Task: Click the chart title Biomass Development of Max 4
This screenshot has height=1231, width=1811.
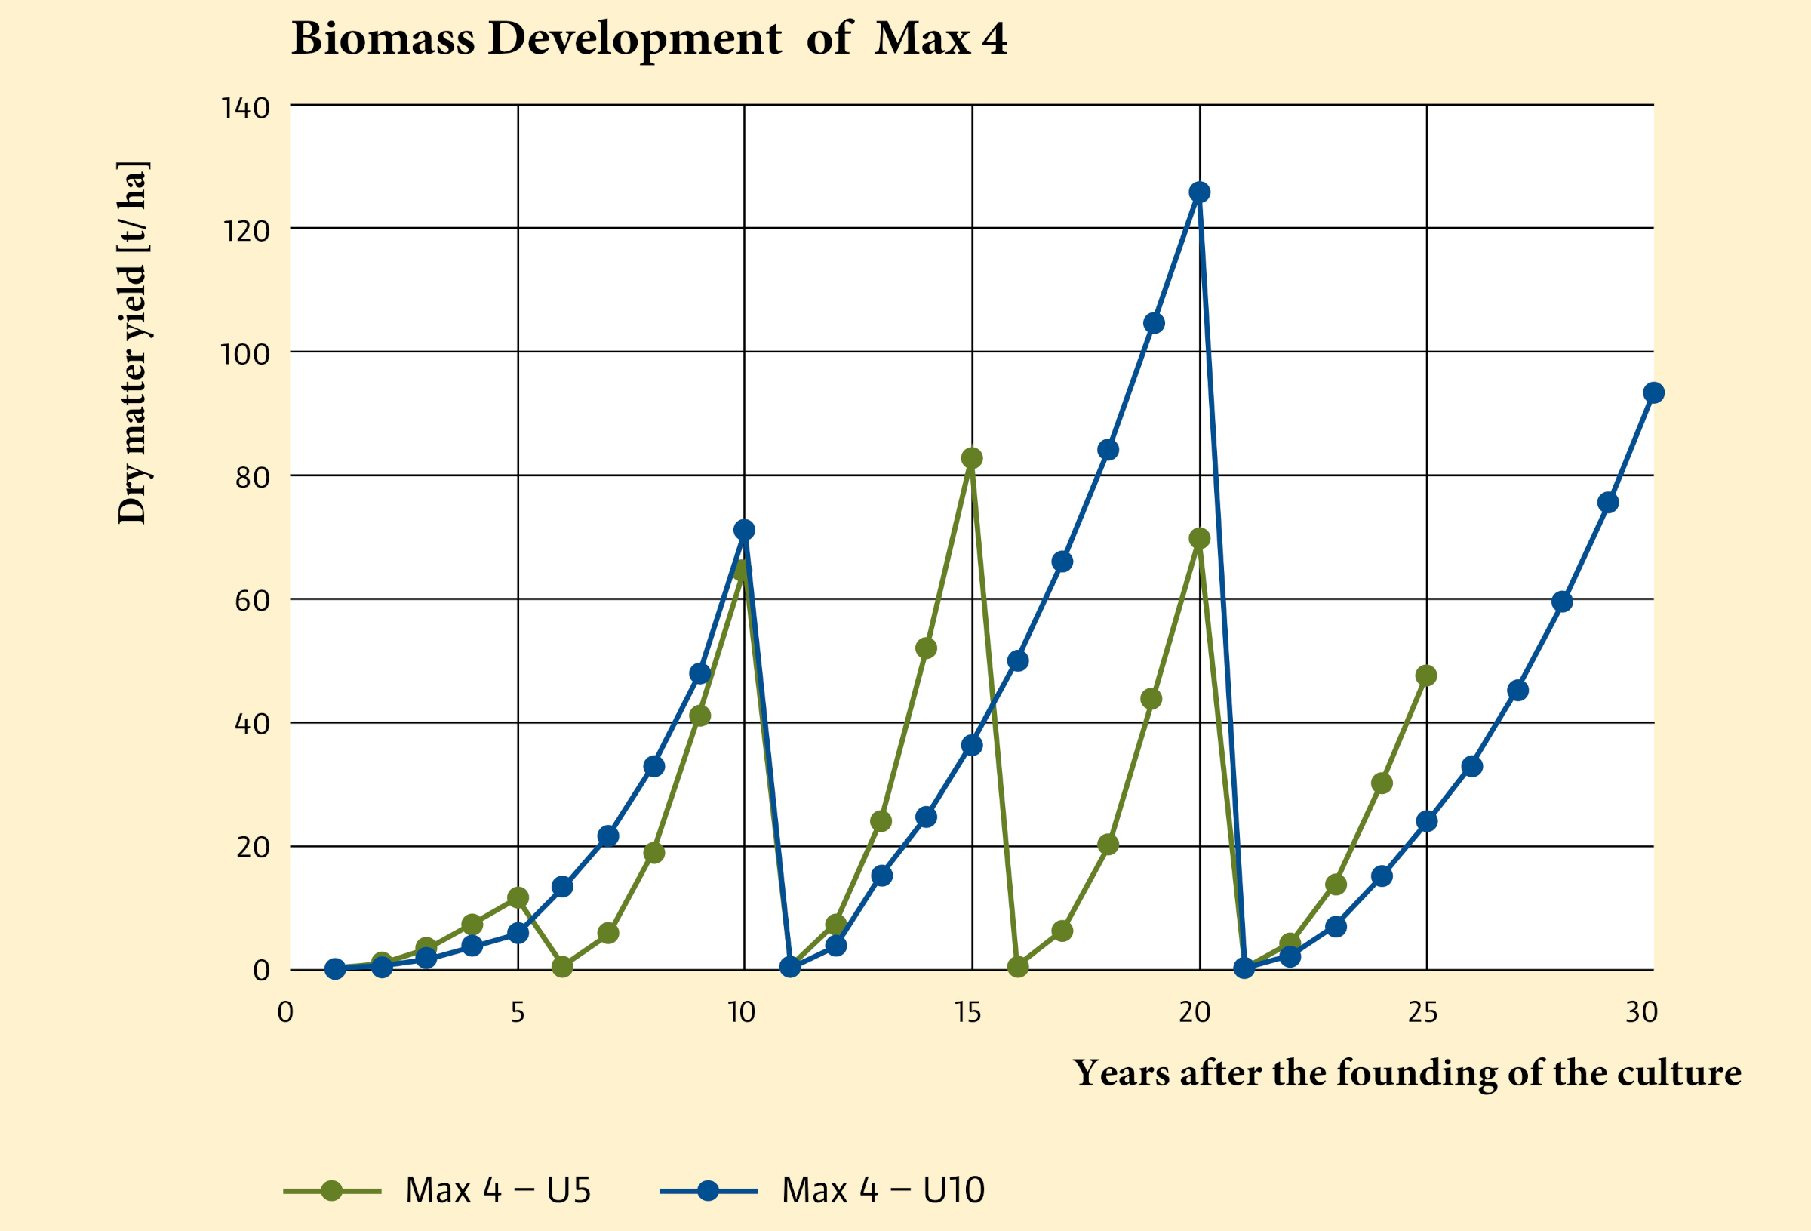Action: pyautogui.click(x=649, y=38)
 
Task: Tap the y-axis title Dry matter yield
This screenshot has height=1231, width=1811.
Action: pyautogui.click(x=133, y=343)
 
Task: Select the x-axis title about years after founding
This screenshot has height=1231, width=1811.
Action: pyautogui.click(x=1407, y=1073)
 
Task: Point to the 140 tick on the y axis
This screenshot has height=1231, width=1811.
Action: pyautogui.click(x=245, y=108)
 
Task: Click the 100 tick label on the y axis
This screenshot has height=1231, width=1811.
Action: pyautogui.click(x=245, y=355)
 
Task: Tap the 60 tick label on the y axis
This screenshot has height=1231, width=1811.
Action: pyautogui.click(x=252, y=601)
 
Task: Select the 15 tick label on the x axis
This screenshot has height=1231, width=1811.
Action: pyautogui.click(x=967, y=1013)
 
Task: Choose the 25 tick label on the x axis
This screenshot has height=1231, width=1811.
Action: pyautogui.click(x=1423, y=1013)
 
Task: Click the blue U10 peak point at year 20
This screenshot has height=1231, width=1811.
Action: pyautogui.click(x=1199, y=192)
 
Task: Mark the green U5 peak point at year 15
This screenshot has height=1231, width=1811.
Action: pyautogui.click(x=972, y=457)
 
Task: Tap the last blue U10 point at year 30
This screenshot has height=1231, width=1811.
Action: pyautogui.click(x=1653, y=392)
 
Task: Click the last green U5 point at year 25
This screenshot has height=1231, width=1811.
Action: pyautogui.click(x=1426, y=676)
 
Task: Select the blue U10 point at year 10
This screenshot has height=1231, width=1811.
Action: pyautogui.click(x=744, y=529)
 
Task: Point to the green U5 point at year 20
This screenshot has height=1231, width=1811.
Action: pyautogui.click(x=1199, y=538)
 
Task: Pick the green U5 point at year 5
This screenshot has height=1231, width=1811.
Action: pyautogui.click(x=518, y=897)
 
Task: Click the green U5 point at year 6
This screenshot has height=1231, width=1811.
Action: pyautogui.click(x=563, y=967)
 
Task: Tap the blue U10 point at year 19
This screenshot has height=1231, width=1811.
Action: pyautogui.click(x=1154, y=323)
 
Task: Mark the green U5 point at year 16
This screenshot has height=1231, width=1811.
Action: pyautogui.click(x=1018, y=967)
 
